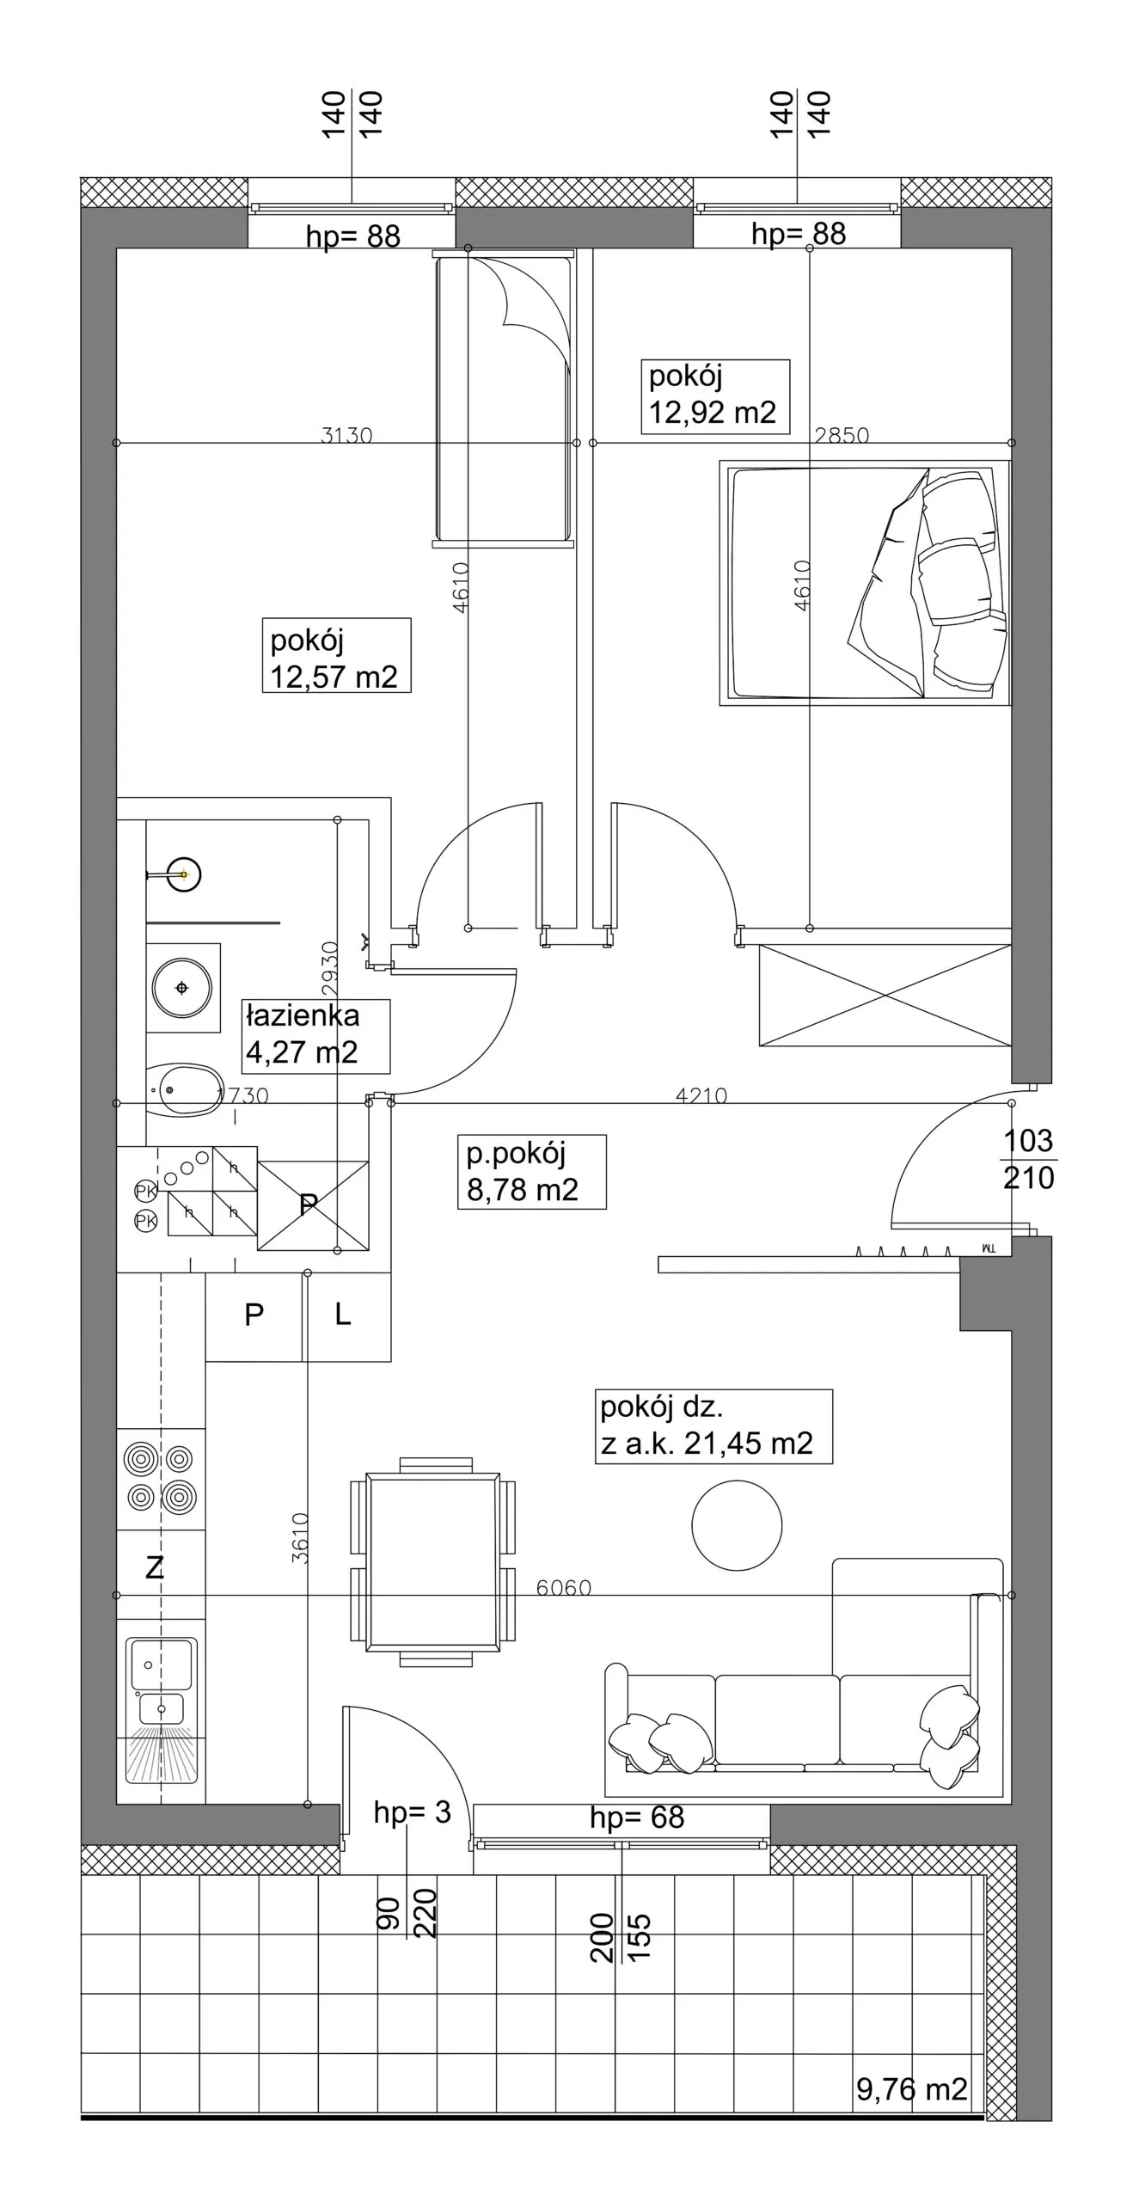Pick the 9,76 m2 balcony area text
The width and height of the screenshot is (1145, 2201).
point(912,2088)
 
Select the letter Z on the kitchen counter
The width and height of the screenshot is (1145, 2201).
point(155,1567)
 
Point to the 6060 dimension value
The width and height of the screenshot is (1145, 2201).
point(564,1587)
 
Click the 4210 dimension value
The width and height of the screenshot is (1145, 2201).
point(701,1095)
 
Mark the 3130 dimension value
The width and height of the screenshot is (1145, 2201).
point(346,435)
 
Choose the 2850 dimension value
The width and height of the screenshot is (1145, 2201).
point(842,435)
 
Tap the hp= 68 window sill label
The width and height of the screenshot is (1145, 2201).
point(637,1817)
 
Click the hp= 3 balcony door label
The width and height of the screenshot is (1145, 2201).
point(413,1812)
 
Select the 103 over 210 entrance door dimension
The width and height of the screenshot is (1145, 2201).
point(1029,1159)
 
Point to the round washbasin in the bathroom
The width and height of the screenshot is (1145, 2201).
point(182,988)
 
